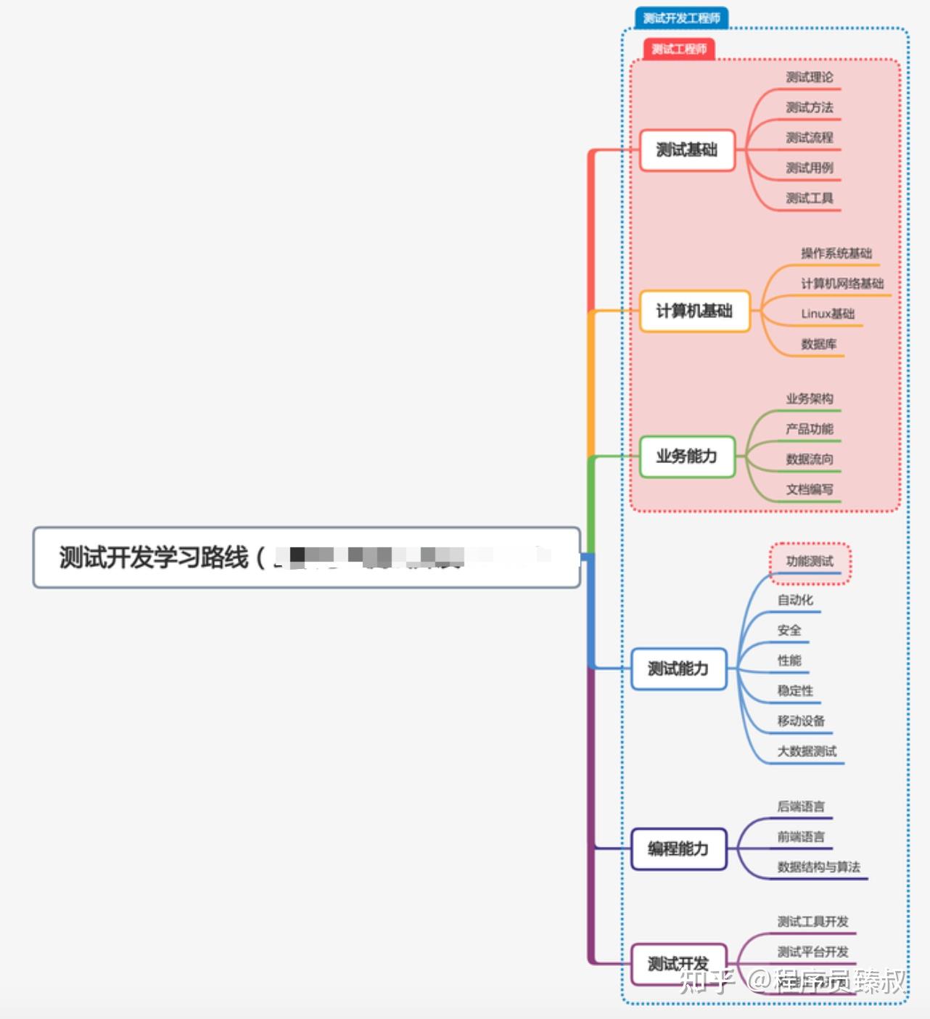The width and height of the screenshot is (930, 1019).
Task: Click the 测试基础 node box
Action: pyautogui.click(x=686, y=150)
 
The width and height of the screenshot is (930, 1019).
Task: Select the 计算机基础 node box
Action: pyautogui.click(x=694, y=311)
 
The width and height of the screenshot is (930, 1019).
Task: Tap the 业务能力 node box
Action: pyautogui.click(x=686, y=457)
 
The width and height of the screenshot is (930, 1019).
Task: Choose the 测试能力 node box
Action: pyautogui.click(x=678, y=668)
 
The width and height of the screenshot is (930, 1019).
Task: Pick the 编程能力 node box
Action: pyautogui.click(x=678, y=848)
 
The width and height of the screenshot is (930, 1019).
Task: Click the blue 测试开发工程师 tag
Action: pyautogui.click(x=681, y=18)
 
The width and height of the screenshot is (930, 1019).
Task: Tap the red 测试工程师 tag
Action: pyautogui.click(x=679, y=49)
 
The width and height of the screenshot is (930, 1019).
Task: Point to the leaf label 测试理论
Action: pyautogui.click(x=810, y=78)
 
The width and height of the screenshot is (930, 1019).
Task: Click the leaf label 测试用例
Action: pyautogui.click(x=810, y=168)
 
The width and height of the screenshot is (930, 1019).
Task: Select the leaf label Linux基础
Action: pyautogui.click(x=828, y=314)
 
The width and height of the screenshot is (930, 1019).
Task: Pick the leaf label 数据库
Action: pyautogui.click(x=819, y=344)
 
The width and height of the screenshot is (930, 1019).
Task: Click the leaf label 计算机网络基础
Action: pyautogui.click(x=842, y=284)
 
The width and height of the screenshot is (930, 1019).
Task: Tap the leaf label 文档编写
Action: pyautogui.click(x=810, y=490)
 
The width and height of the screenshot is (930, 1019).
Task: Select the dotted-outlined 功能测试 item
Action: pyautogui.click(x=810, y=562)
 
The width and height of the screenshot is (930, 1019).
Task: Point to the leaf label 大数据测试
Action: pyautogui.click(x=807, y=751)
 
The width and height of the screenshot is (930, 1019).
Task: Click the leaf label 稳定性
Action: pyautogui.click(x=795, y=691)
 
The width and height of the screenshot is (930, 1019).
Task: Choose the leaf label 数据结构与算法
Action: pyautogui.click(x=818, y=867)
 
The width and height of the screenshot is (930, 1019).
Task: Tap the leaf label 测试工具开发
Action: pyautogui.click(x=812, y=922)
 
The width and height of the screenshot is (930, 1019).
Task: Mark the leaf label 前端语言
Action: pyautogui.click(x=801, y=837)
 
